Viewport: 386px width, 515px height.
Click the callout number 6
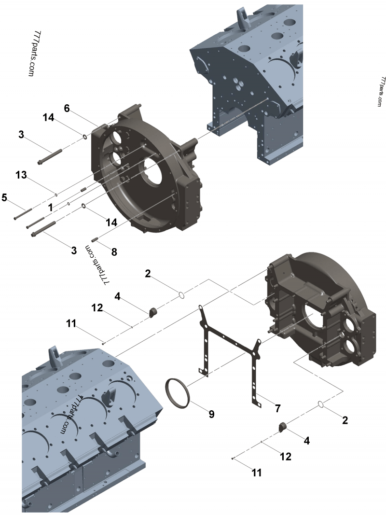(67, 108)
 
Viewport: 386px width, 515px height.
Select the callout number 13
(21, 175)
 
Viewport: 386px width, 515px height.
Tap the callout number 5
(4, 197)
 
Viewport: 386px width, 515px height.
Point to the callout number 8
(114, 252)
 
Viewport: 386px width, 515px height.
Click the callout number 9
(211, 414)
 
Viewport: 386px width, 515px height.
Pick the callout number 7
(278, 408)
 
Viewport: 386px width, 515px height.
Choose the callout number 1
(51, 208)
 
